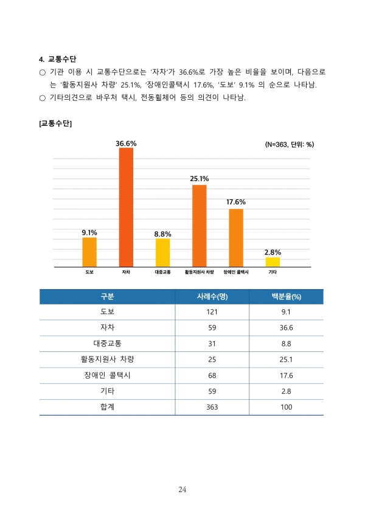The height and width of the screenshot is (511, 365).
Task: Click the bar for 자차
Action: point(126,207)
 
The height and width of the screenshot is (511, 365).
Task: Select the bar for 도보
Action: point(89,252)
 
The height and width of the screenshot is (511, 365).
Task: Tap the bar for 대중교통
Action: point(162,252)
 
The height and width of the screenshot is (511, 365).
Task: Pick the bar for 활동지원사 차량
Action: point(200,225)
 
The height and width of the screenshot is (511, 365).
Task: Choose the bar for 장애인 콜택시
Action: point(236,237)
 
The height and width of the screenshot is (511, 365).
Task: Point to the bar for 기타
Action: point(273,262)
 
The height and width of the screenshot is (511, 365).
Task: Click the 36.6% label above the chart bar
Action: point(126,143)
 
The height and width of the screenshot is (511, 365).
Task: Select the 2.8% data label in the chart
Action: point(273,252)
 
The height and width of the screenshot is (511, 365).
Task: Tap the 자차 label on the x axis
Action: point(126,272)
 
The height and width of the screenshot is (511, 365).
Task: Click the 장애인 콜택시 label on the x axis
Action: point(236,272)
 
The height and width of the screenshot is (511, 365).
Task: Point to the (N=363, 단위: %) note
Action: point(289,145)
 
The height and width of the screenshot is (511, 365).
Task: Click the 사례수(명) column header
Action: point(212,297)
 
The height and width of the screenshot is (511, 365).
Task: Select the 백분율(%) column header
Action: point(286,297)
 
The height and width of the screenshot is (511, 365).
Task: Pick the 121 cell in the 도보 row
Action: point(212,312)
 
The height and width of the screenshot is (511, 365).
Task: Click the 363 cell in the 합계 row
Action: point(212,407)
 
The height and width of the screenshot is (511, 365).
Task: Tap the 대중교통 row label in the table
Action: point(107,343)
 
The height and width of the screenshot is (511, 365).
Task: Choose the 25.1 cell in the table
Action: point(286,359)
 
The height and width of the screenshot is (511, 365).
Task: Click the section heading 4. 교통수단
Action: point(57,59)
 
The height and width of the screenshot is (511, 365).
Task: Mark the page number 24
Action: point(182,489)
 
